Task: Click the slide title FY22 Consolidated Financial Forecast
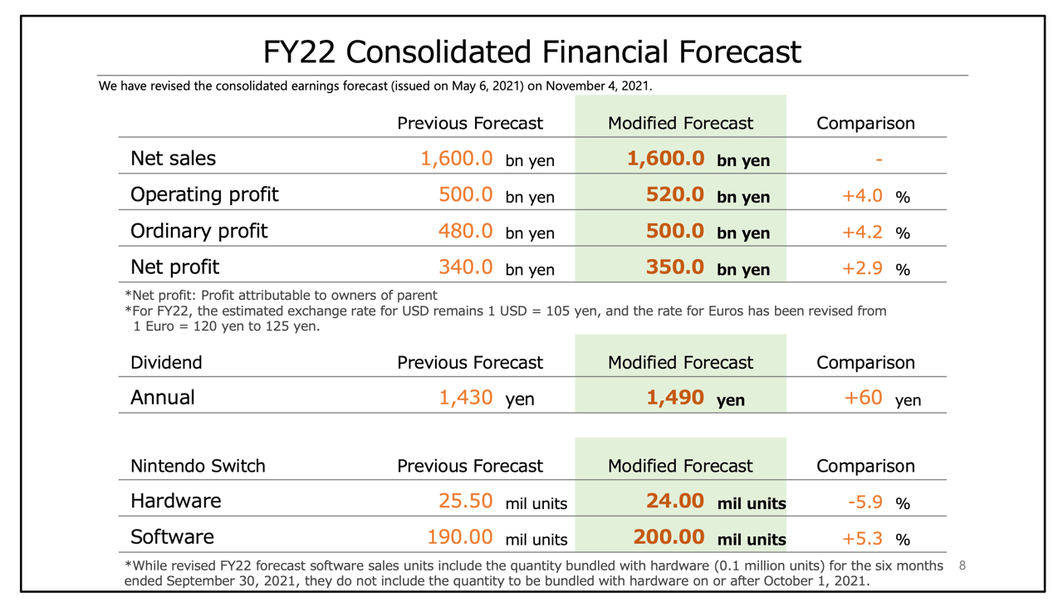[x=531, y=51]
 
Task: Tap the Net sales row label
[x=173, y=158]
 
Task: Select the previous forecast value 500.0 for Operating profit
[x=465, y=194]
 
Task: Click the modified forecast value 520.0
[x=675, y=194]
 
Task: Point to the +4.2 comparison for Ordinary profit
[x=862, y=231]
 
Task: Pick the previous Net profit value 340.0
[x=465, y=267]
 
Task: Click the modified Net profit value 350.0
[x=675, y=267]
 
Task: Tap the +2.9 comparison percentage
[x=862, y=267]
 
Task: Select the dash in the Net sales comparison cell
[x=879, y=159]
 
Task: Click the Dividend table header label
[x=166, y=362]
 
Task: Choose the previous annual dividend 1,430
[x=465, y=398]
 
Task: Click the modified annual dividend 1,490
[x=675, y=398]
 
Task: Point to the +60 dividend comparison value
[x=863, y=398]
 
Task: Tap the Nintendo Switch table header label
[x=198, y=466]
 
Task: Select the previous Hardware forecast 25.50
[x=465, y=502]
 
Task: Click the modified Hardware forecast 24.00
[x=675, y=502]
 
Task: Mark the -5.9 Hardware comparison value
[x=865, y=502]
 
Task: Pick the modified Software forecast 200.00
[x=669, y=537]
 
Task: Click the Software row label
[x=172, y=537]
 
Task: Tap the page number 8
[x=963, y=565]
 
